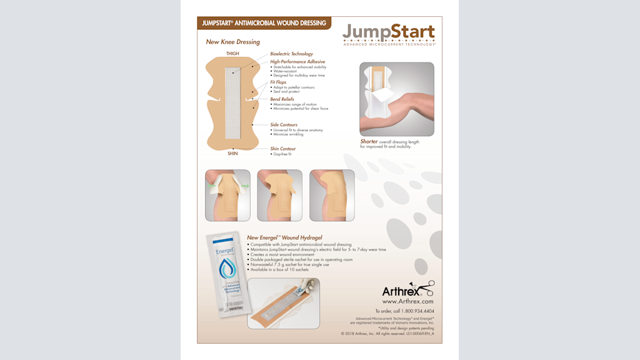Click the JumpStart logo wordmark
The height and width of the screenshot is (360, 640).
point(388,32)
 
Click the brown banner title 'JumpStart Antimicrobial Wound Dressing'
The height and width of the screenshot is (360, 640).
point(264,23)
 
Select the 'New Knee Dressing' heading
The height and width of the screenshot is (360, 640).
point(232,42)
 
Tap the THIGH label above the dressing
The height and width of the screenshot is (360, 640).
point(232,54)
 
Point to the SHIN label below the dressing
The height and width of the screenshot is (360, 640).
point(232,153)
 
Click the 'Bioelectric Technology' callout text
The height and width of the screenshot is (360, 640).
point(291,54)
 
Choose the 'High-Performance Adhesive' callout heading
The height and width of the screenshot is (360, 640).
point(297,62)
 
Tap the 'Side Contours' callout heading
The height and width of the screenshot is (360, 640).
point(284,124)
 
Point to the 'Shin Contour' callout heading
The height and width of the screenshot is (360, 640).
point(283,149)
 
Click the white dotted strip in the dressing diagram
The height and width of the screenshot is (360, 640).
point(232,102)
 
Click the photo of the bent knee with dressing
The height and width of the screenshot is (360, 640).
point(396,99)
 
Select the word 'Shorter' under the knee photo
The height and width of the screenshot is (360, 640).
point(369,142)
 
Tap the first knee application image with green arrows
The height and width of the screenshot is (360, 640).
point(227,195)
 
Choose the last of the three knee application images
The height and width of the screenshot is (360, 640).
point(332,195)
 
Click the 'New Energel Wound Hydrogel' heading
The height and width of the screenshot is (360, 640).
point(284,237)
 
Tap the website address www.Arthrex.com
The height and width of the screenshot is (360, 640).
point(407,301)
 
